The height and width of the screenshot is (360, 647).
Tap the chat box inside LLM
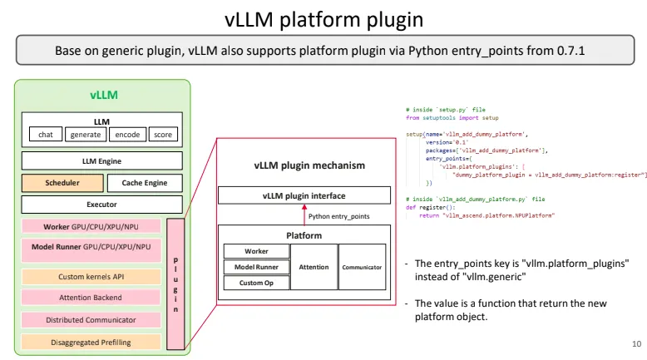46,135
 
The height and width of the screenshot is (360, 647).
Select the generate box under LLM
84,135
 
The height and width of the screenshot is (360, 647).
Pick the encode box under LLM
127,135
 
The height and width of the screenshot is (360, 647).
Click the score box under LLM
163,135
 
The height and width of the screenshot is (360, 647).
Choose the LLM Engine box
101,160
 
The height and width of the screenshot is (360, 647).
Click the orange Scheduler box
62,183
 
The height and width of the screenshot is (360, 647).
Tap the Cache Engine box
145,183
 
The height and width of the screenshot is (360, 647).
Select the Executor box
101,204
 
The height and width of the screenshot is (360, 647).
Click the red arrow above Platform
303,215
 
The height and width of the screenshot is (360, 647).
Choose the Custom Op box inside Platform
256,283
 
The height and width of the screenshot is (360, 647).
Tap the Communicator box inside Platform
362,267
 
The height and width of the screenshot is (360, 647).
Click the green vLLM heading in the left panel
102,95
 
